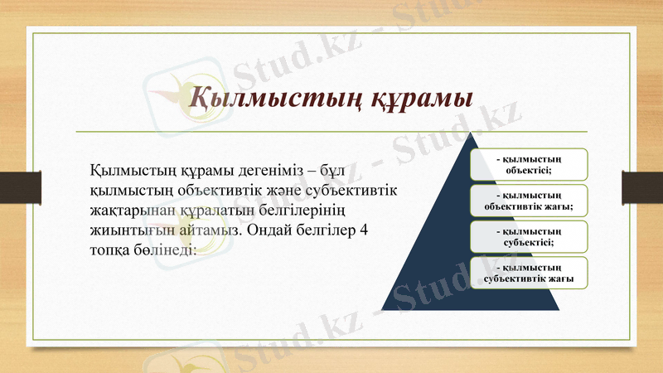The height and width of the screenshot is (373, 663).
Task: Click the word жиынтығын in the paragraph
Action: (x=127, y=229)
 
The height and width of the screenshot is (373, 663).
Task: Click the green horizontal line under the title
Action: (x=331, y=132)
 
